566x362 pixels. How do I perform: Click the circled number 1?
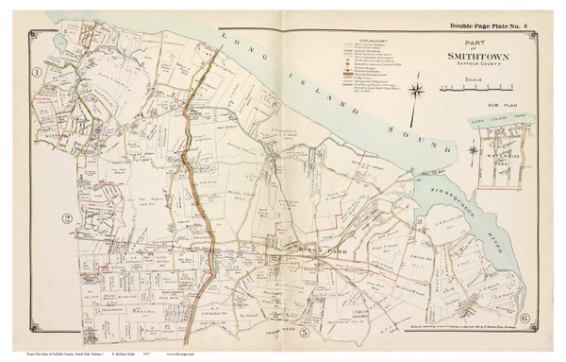38,72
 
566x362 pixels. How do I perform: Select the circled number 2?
67,219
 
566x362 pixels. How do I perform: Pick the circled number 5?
304,334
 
